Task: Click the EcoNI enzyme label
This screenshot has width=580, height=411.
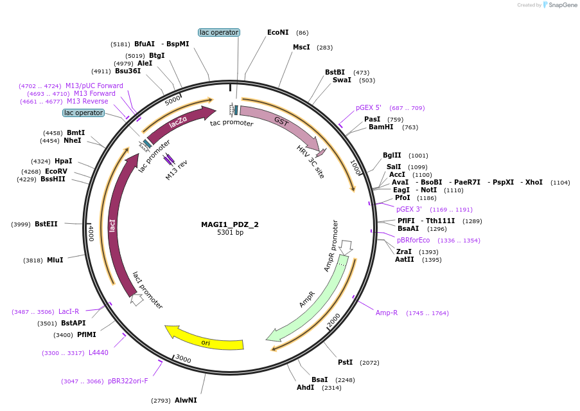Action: coord(277,32)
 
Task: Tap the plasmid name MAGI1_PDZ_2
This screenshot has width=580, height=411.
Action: coord(230,224)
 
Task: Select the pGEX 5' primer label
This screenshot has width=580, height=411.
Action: coord(369,108)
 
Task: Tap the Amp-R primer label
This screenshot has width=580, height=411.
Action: coord(387,313)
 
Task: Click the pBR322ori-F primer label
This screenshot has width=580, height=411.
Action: coord(128,381)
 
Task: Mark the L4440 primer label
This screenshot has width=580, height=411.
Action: coord(98,353)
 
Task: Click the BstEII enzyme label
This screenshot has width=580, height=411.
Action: coord(46,224)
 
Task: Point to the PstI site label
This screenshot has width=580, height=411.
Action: coord(345,363)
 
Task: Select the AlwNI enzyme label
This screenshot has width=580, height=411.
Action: coord(186,401)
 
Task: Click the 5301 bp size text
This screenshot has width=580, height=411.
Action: coord(230,233)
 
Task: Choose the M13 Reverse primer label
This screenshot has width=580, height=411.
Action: coord(87,102)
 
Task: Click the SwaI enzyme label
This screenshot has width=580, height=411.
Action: coord(342,80)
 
